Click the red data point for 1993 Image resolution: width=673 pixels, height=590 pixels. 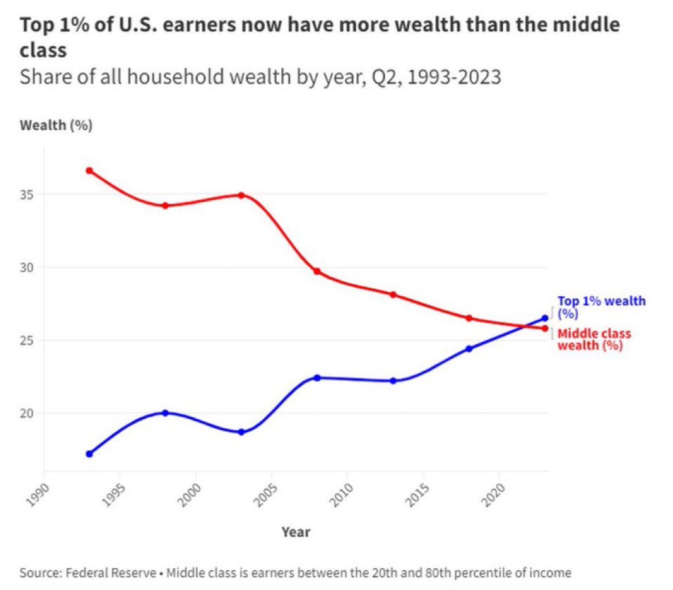click(x=89, y=171)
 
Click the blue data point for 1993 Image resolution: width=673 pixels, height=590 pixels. click(x=89, y=454)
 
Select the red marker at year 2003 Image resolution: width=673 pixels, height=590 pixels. click(x=241, y=195)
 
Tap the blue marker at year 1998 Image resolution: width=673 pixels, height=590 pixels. click(x=165, y=413)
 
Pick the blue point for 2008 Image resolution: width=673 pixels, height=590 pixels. click(x=317, y=378)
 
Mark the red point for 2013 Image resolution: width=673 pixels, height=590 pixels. click(x=393, y=294)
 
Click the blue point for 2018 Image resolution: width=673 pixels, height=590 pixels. click(x=469, y=348)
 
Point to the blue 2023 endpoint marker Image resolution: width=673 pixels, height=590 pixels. click(x=545, y=318)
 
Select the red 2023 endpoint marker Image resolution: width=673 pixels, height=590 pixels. click(x=545, y=329)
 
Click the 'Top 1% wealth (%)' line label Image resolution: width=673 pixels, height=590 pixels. click(x=601, y=307)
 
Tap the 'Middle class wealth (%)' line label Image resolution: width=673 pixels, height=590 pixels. click(x=593, y=340)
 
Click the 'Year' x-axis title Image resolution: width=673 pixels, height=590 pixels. click(x=296, y=532)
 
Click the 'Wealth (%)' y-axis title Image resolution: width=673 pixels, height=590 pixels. click(x=56, y=125)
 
